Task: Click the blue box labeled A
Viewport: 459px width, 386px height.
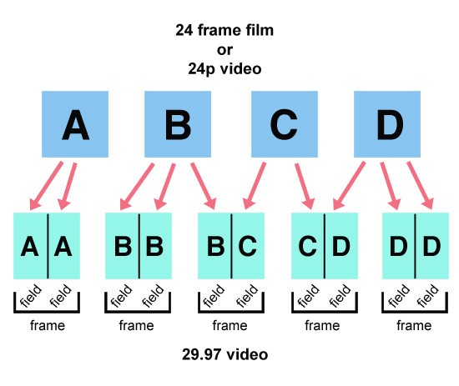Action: coord(75,124)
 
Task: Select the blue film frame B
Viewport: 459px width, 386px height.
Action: coord(178,124)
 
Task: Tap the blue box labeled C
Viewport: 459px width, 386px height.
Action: coord(285,124)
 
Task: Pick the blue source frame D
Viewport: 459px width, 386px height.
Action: coord(387,124)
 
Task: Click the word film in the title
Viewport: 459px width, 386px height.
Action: coord(260,30)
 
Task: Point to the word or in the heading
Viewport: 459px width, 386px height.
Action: coord(224,50)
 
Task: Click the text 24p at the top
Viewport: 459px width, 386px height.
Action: coord(201,69)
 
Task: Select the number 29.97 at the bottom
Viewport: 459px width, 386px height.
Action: coord(201,354)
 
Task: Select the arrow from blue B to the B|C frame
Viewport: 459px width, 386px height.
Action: coord(204,186)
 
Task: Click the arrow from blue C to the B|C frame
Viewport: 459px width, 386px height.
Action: coord(254,186)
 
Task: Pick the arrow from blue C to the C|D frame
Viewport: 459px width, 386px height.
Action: coord(305,186)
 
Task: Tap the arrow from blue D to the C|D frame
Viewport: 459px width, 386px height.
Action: coord(349,186)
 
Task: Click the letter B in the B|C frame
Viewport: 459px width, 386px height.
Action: coord(216,246)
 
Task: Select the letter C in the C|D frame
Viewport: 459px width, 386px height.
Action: coord(307,246)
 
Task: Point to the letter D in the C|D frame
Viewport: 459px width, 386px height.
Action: coord(341,246)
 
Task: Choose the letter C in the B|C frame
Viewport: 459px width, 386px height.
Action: coord(248,246)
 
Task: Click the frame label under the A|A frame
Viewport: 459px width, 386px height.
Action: coord(48,325)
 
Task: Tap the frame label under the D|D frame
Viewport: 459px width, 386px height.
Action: coord(414,325)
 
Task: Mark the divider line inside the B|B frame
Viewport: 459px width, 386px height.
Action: coord(139,246)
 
